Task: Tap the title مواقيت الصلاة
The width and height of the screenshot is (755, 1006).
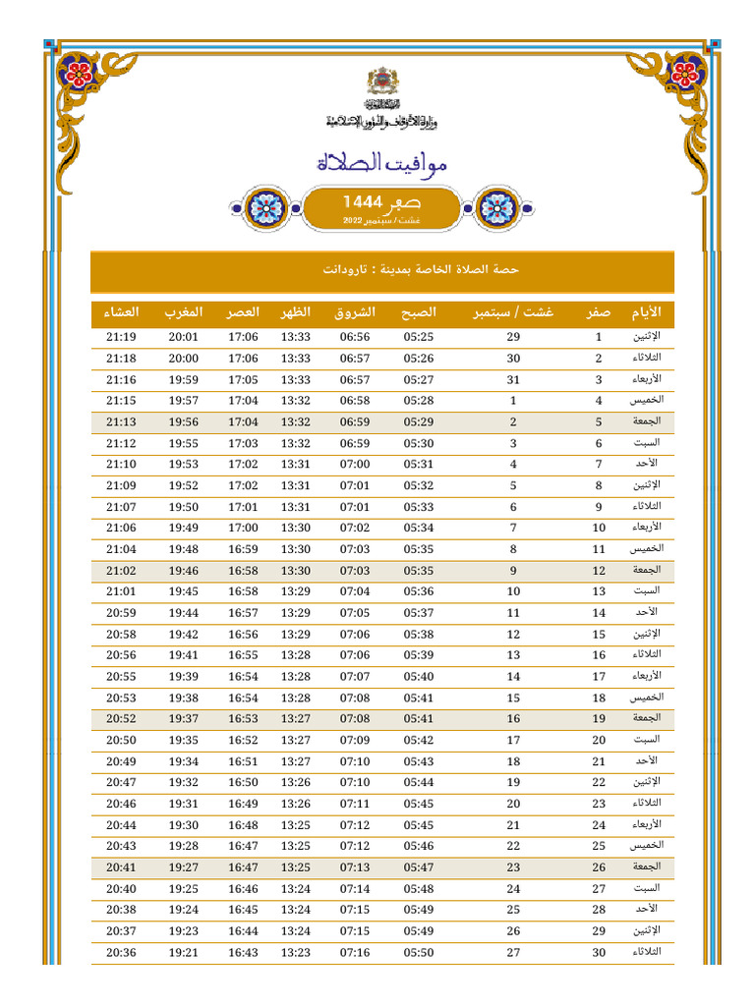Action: click(x=382, y=163)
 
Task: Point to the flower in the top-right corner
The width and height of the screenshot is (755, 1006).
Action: click(x=685, y=71)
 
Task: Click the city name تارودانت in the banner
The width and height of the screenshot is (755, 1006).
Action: click(x=344, y=269)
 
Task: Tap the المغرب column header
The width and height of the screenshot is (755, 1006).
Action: click(x=184, y=312)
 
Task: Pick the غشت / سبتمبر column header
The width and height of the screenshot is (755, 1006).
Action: click(x=513, y=312)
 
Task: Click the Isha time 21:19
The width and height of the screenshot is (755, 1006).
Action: click(x=122, y=337)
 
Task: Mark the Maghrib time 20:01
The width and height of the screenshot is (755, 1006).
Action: click(x=184, y=337)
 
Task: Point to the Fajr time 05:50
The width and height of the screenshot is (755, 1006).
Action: click(x=418, y=952)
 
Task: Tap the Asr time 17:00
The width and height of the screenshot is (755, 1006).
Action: click(x=243, y=528)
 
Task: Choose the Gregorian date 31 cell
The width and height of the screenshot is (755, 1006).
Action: click(x=513, y=379)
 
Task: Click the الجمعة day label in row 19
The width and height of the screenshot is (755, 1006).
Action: click(x=646, y=718)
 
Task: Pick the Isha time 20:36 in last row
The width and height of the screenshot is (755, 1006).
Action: click(x=122, y=952)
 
